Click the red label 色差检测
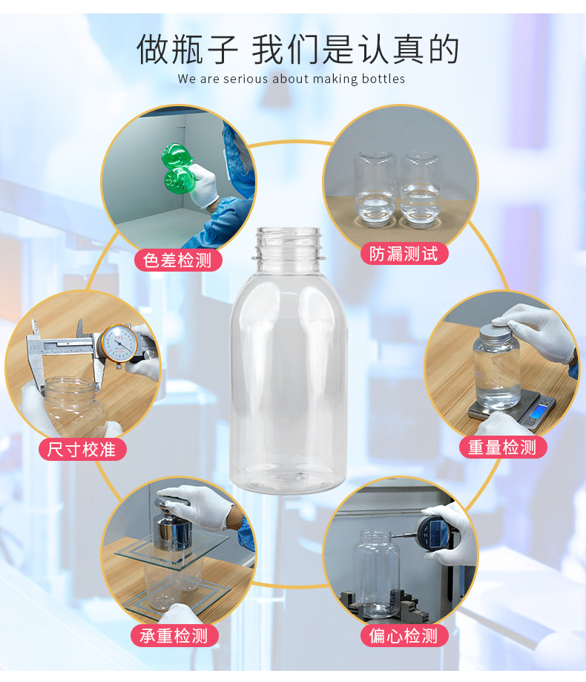click(178, 260)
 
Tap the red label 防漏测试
click(404, 254)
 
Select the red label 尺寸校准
click(82, 449)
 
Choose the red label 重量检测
click(502, 447)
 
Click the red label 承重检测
click(174, 636)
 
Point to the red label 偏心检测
click(404, 636)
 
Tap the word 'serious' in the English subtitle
click(246, 79)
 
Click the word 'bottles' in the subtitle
click(383, 79)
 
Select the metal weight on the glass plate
click(171, 529)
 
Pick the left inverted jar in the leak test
click(375, 188)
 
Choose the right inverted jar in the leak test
click(420, 188)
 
